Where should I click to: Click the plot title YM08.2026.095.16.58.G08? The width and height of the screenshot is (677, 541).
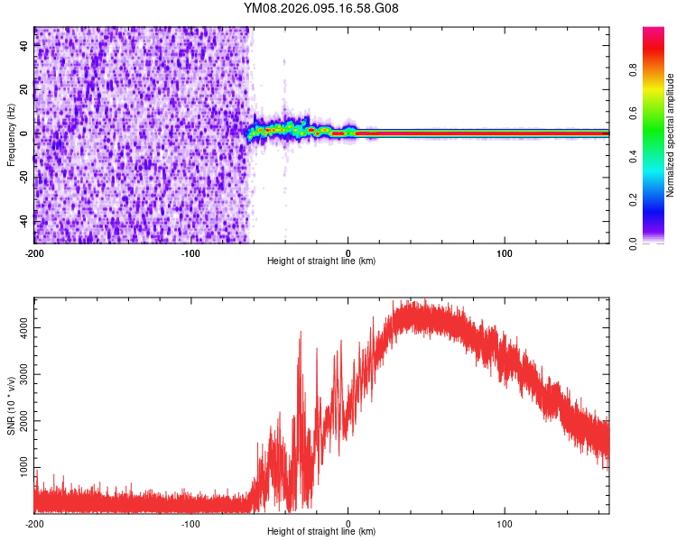[321, 9]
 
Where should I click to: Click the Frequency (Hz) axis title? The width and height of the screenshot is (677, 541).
[11, 135]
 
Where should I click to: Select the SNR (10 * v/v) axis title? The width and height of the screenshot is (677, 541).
[11, 406]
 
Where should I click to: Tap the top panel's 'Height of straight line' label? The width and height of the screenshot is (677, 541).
[321, 261]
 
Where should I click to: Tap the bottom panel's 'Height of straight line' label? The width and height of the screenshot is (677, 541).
[321, 532]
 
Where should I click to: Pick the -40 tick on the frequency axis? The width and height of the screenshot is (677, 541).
[23, 221]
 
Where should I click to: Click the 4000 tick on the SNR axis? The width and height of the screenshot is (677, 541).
[21, 333]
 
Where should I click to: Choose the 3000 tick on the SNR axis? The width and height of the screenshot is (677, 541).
[21, 376]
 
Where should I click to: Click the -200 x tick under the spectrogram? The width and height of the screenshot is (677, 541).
[34, 252]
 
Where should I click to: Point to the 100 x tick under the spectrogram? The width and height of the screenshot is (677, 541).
[505, 252]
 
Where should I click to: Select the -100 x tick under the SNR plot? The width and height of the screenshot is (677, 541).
[191, 523]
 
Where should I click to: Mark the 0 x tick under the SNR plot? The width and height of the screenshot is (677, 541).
[348, 523]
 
